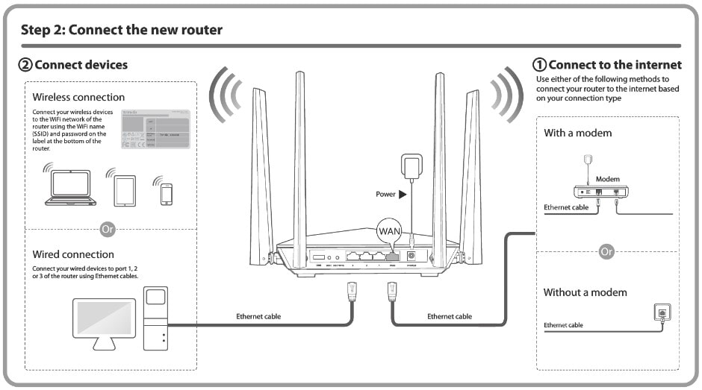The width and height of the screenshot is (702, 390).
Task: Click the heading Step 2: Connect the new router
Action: [x=121, y=31]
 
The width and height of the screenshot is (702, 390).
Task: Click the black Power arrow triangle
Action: [x=403, y=194]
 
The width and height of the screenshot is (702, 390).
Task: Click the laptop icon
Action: [x=70, y=188]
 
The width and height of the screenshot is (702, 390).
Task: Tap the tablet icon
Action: [x=124, y=190]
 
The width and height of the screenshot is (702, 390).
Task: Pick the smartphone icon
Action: [x=166, y=193]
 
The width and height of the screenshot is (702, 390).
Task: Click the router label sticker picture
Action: [x=155, y=130]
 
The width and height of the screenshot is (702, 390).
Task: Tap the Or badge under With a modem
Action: [x=606, y=251]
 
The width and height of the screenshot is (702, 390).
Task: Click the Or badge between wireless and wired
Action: [x=108, y=229]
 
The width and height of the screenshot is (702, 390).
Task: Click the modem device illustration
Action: [x=600, y=192]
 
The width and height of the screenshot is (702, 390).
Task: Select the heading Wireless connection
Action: [x=78, y=97]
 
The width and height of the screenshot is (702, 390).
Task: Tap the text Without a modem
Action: [x=585, y=292]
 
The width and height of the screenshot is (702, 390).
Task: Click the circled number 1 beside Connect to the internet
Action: [x=538, y=65]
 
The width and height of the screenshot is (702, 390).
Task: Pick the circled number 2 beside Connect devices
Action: [x=25, y=65]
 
